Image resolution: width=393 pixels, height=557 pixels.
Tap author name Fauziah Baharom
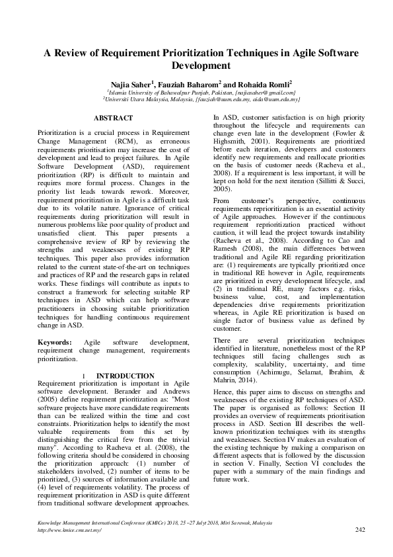click(187, 85)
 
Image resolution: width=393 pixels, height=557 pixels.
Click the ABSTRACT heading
click(114, 118)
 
